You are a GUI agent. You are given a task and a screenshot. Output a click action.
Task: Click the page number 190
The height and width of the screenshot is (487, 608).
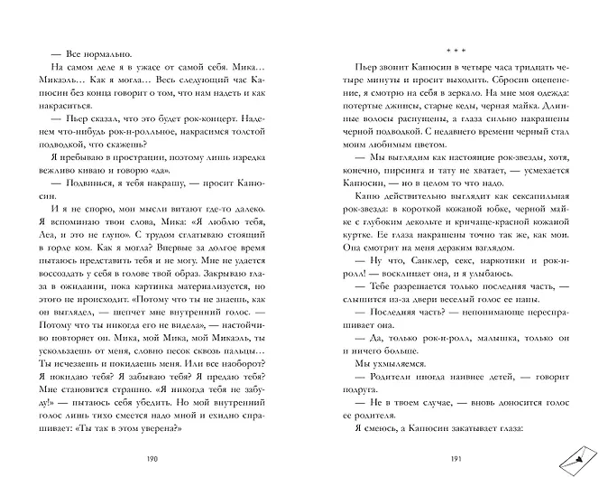pos(151,460)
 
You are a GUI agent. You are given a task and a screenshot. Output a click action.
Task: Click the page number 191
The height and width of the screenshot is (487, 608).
pos(455,460)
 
